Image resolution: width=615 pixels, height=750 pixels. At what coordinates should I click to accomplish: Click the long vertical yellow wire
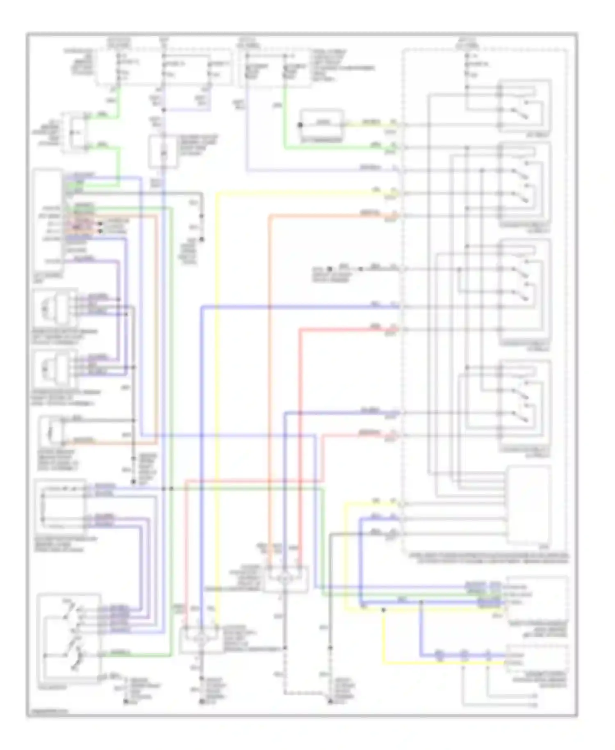tap(217, 410)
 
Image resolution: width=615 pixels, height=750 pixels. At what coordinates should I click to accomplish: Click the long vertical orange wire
tap(270, 369)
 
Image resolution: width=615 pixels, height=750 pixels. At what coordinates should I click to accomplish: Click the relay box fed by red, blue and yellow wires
tap(201, 639)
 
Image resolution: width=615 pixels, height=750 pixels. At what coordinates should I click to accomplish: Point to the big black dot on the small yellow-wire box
tap(301, 125)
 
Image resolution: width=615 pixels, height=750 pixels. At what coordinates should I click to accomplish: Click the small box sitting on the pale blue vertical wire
tap(163, 152)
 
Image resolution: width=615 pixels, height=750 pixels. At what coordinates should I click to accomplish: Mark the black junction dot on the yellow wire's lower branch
tap(383, 610)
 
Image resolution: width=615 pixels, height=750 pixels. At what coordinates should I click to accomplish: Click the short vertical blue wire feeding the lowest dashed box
tap(421, 628)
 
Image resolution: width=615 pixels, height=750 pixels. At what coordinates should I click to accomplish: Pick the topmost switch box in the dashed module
tap(524, 105)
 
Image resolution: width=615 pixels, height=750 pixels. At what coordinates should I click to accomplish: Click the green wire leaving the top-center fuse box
tap(285, 119)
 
